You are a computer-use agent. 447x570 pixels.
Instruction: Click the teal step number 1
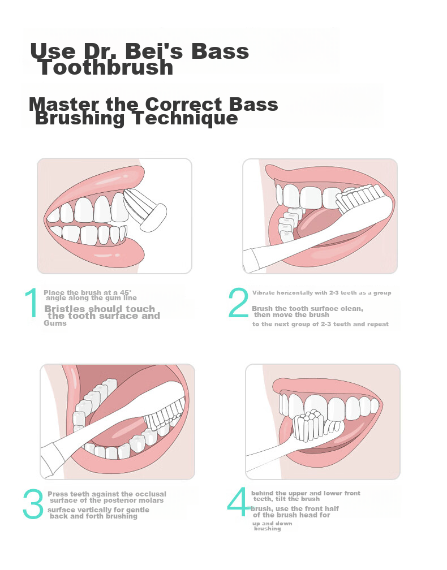tap(31, 303)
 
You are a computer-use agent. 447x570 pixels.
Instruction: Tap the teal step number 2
tap(238, 303)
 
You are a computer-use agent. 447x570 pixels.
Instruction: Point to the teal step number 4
tap(239, 502)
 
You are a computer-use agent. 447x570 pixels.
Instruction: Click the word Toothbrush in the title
tap(105, 68)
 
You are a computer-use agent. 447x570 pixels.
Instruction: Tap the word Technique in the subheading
tap(186, 118)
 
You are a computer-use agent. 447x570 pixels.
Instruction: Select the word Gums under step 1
tap(55, 323)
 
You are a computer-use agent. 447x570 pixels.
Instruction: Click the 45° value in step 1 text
tap(126, 293)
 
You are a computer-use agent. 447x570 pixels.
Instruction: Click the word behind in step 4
tap(262, 493)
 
